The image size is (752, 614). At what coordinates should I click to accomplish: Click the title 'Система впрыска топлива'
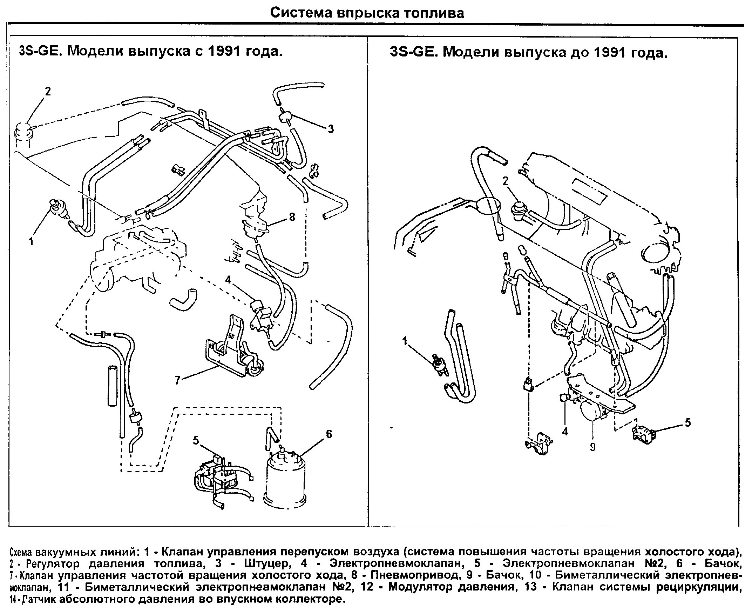pos(367,13)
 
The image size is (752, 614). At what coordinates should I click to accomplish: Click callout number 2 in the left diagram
pos(48,91)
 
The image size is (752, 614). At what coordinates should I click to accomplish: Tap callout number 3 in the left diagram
pos(330,129)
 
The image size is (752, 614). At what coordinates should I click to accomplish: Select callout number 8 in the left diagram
pos(292,216)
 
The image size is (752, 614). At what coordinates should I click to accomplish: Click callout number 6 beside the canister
pos(328,434)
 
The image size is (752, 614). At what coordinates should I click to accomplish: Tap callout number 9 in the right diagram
pos(592,447)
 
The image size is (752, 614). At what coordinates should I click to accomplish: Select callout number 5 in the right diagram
pos(687,423)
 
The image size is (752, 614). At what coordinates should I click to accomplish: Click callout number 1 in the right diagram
pos(405,341)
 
